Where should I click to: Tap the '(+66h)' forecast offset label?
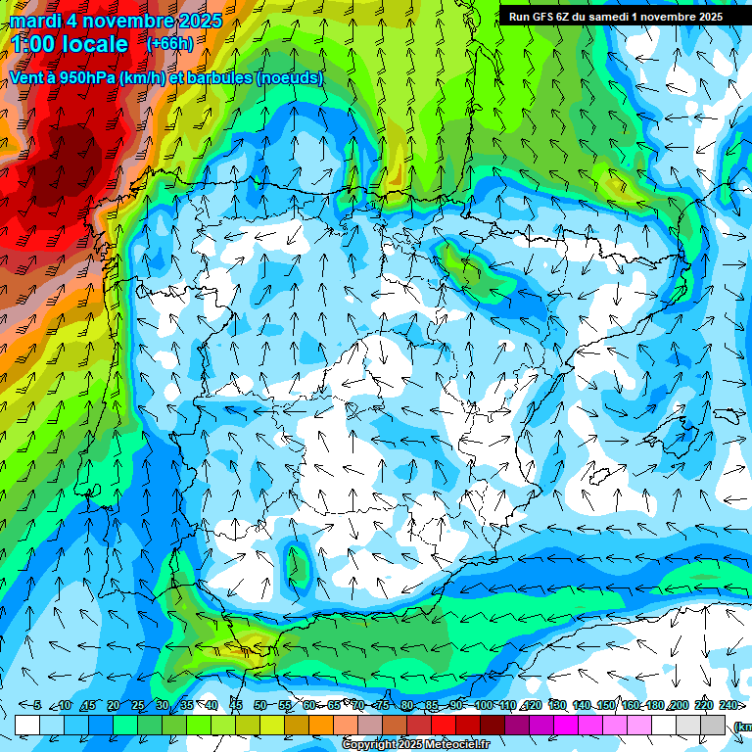tap(169, 44)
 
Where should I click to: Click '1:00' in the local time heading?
tap(35, 44)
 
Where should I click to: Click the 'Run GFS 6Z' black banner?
tap(616, 16)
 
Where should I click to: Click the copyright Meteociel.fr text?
tap(416, 745)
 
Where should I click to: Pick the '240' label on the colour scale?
tap(728, 705)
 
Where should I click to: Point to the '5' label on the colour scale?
tap(37, 705)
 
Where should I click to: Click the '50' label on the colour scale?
tap(260, 705)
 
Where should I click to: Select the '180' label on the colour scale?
tap(654, 705)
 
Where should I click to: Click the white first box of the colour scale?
tap(27, 725)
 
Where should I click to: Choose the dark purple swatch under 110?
tap(518, 725)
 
